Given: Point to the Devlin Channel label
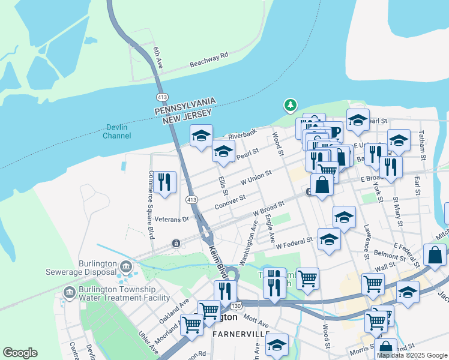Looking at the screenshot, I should (116, 131).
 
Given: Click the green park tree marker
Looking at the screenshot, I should (291, 106).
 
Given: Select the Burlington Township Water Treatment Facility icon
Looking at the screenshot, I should (69, 292).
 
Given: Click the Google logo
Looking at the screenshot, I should (20, 353).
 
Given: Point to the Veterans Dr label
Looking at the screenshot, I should (171, 219).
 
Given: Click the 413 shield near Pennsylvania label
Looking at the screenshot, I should (161, 96).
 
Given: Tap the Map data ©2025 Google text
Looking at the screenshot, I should (412, 355).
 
